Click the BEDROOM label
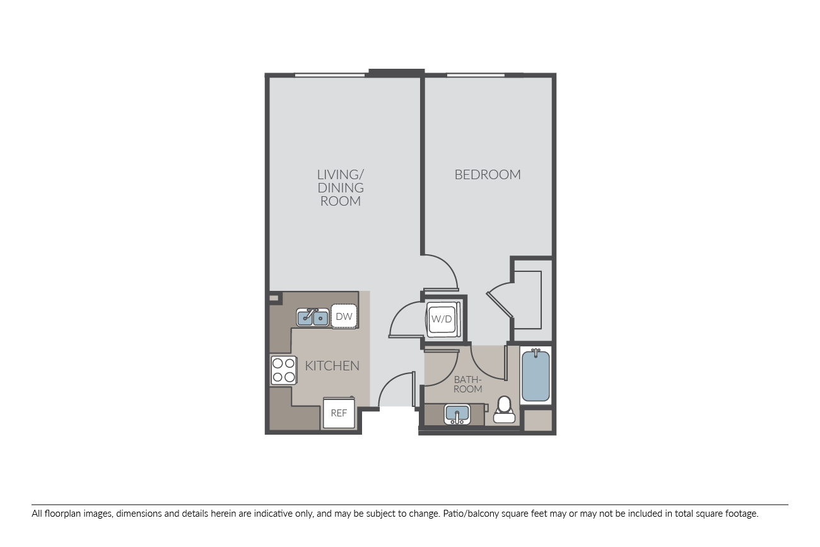(487, 175)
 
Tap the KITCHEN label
(332, 366)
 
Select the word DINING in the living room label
(341, 188)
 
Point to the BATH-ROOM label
(467, 384)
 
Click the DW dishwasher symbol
(344, 316)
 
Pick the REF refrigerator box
(339, 413)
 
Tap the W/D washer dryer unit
(442, 319)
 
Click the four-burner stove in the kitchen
(284, 370)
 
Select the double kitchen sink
(313, 317)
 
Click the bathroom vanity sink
(457, 415)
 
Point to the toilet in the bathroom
(504, 410)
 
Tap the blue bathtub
(536, 375)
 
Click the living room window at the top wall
(330, 76)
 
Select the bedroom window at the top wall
(476, 76)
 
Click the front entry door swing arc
(388, 381)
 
